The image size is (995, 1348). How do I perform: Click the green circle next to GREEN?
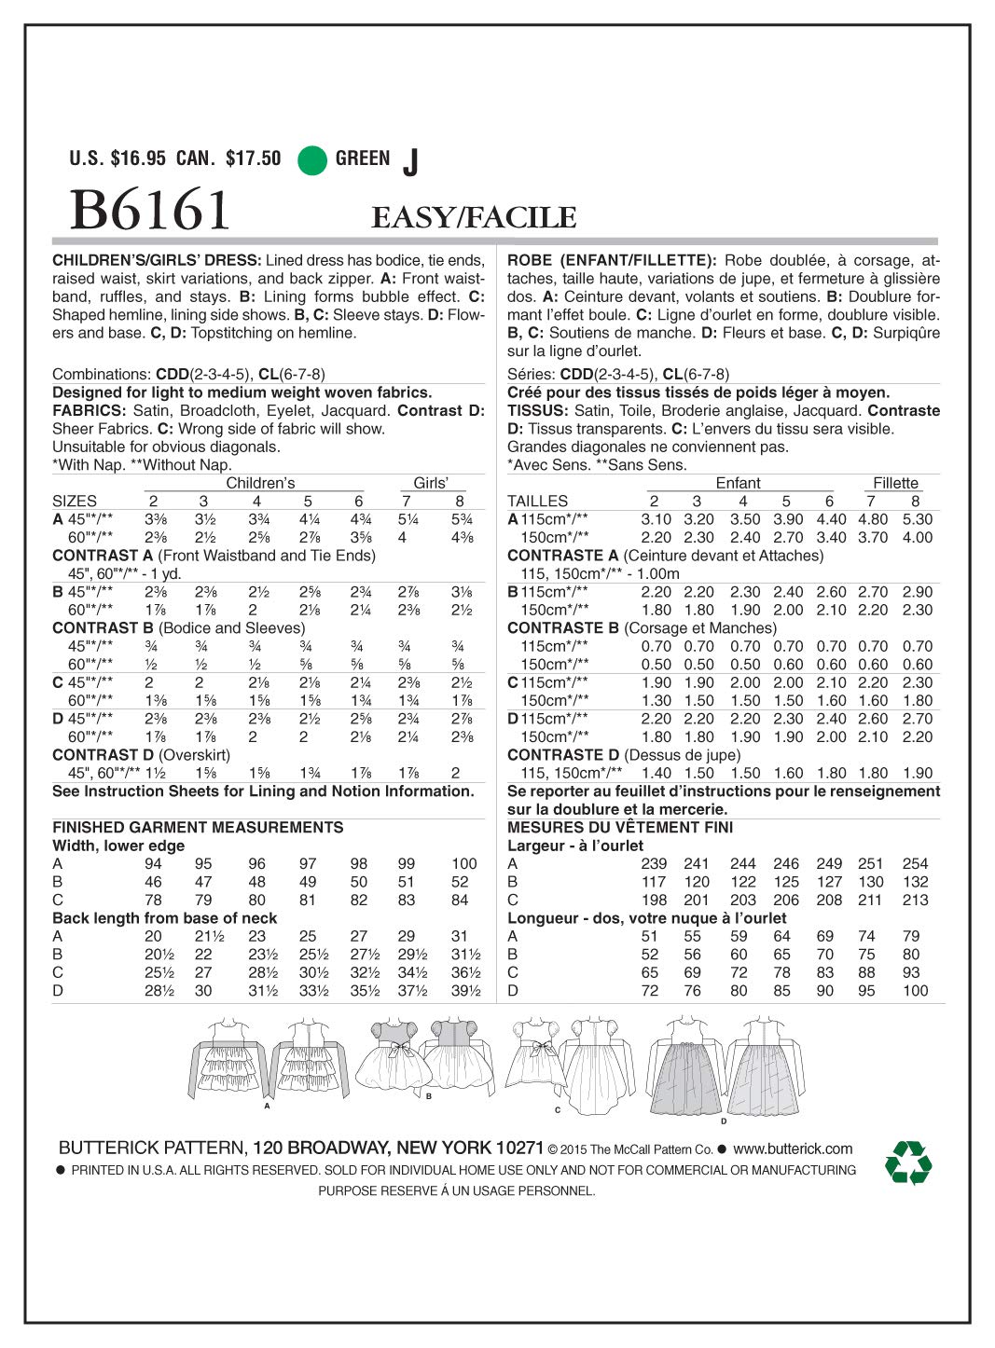pos(311,160)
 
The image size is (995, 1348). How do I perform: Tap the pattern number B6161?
pos(149,210)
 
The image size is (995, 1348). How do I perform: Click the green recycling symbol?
pos(907,1162)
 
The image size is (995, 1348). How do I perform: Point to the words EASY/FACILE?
pos(474,218)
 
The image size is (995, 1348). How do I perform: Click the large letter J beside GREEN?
pos(410,163)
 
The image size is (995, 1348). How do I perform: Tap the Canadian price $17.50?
pos(253,158)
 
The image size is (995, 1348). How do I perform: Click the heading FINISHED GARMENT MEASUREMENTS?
pos(198,828)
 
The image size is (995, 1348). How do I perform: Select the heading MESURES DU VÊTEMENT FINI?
pos(619,828)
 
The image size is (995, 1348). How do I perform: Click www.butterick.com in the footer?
pos(793,1149)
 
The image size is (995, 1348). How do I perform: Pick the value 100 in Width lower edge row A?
pos(463,864)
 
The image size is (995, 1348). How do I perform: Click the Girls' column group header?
pos(431,483)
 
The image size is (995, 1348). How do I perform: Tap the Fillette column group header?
pos(895,483)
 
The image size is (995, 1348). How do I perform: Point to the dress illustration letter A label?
pos(267,1106)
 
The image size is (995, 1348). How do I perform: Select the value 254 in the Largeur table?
pos(915,864)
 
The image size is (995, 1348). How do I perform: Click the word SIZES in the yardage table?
pos(75,502)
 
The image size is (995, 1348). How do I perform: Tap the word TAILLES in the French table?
pos(537,502)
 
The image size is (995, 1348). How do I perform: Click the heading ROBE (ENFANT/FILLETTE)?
pos(612,261)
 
